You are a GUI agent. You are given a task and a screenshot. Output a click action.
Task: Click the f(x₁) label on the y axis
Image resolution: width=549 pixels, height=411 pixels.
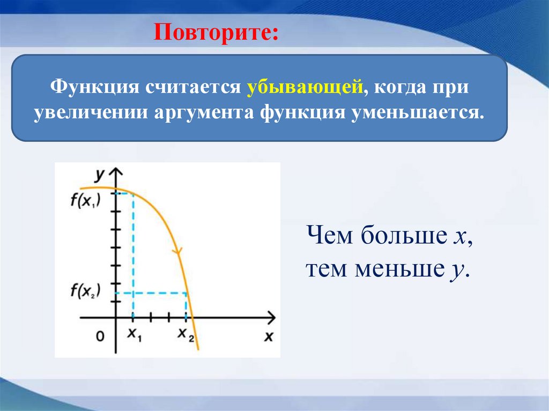pyautogui.click(x=85, y=201)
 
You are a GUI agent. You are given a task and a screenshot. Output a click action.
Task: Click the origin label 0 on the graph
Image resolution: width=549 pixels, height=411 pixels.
pyautogui.click(x=100, y=337)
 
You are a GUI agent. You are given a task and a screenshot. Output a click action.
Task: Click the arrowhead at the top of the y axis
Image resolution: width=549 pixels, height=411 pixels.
pyautogui.click(x=115, y=171)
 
